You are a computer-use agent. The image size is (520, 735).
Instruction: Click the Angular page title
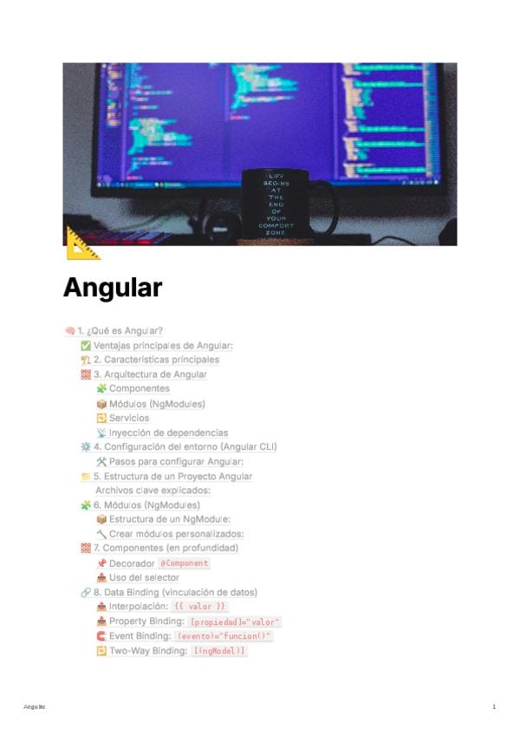(x=113, y=288)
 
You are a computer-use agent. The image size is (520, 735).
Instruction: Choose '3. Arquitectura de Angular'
(x=150, y=374)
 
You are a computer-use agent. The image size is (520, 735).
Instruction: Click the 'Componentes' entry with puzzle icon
(x=139, y=389)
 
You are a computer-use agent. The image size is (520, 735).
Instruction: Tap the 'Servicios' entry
(x=128, y=419)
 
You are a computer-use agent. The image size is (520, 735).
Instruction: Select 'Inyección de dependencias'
(x=168, y=433)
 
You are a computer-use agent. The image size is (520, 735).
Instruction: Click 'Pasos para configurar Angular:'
(x=176, y=462)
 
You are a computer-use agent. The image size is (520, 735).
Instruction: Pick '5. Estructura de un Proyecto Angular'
(x=172, y=477)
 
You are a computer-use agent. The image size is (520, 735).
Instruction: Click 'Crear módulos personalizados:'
(x=176, y=534)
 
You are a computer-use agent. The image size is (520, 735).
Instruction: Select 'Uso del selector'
(x=144, y=578)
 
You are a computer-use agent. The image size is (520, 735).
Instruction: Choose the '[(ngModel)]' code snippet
(x=219, y=651)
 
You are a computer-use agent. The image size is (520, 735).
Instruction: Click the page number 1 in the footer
(x=494, y=707)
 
